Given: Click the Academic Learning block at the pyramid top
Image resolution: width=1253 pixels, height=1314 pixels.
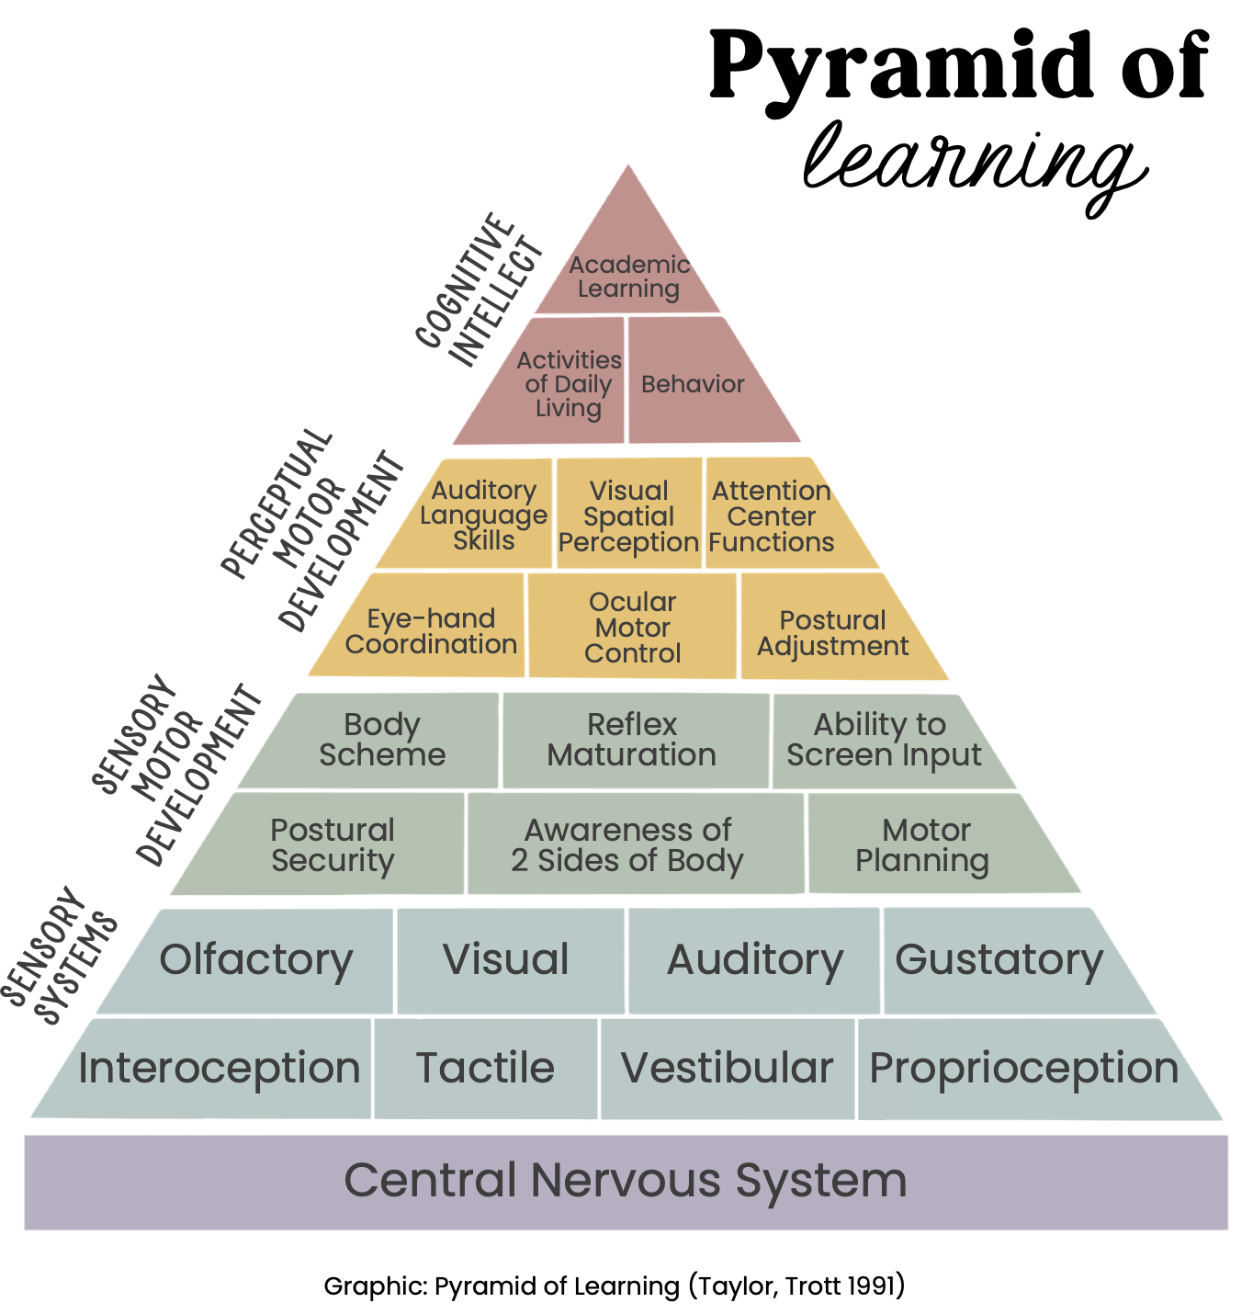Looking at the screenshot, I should pyautogui.click(x=629, y=276).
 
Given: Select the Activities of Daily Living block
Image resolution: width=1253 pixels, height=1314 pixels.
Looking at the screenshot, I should pyautogui.click(x=568, y=384).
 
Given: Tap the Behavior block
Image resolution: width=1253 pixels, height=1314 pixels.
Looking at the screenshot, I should pyautogui.click(x=693, y=384).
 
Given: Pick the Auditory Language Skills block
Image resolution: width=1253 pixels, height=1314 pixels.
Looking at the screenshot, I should pyautogui.click(x=484, y=515).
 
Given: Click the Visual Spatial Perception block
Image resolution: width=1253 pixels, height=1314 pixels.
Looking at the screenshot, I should pyautogui.click(x=629, y=516).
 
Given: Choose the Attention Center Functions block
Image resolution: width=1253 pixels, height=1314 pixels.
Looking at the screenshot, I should pyautogui.click(x=772, y=516).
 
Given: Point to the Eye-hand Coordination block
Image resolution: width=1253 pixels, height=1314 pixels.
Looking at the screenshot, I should pyautogui.click(x=431, y=631).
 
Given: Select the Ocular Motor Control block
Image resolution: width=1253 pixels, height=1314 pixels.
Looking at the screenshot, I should pyautogui.click(x=632, y=628).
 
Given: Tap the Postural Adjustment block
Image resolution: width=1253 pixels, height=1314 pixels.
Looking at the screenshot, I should pyautogui.click(x=832, y=633).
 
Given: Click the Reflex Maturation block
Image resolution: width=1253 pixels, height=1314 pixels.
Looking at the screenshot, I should pyautogui.click(x=632, y=740).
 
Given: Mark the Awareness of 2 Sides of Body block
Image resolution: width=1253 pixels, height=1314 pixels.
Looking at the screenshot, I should pyautogui.click(x=628, y=844).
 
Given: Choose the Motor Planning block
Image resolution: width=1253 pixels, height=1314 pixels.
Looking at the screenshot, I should pyautogui.click(x=923, y=844).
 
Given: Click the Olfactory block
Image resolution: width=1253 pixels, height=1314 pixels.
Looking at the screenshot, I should pyautogui.click(x=256, y=960).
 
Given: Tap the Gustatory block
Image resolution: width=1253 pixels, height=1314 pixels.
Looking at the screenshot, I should pyautogui.click(x=999, y=960).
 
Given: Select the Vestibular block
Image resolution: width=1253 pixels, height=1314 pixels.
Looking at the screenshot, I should pyautogui.click(x=727, y=1069).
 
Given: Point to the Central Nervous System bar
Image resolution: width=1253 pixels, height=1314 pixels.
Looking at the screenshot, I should pyautogui.click(x=626, y=1182).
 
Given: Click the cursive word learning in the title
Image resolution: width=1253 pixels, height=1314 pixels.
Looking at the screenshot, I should pyautogui.click(x=974, y=165).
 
